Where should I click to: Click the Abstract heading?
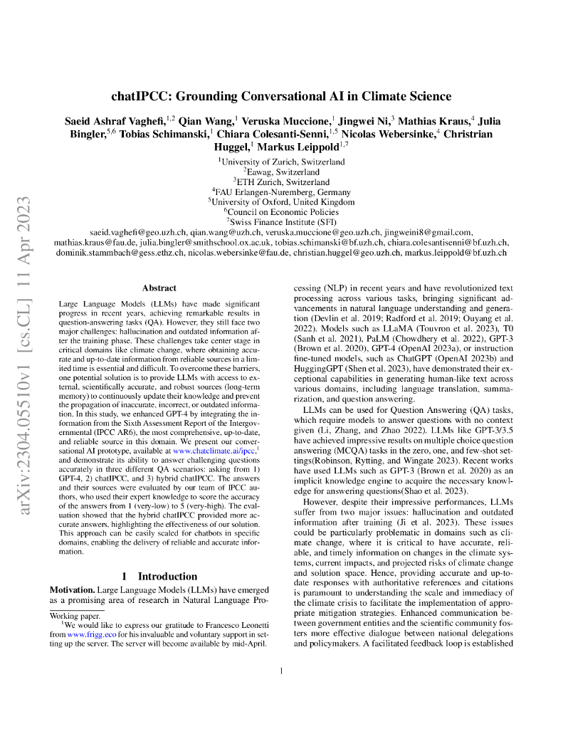(x=159, y=288)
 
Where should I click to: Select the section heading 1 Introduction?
(x=159, y=576)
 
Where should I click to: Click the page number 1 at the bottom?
(x=282, y=670)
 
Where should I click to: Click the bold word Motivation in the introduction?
(x=74, y=591)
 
